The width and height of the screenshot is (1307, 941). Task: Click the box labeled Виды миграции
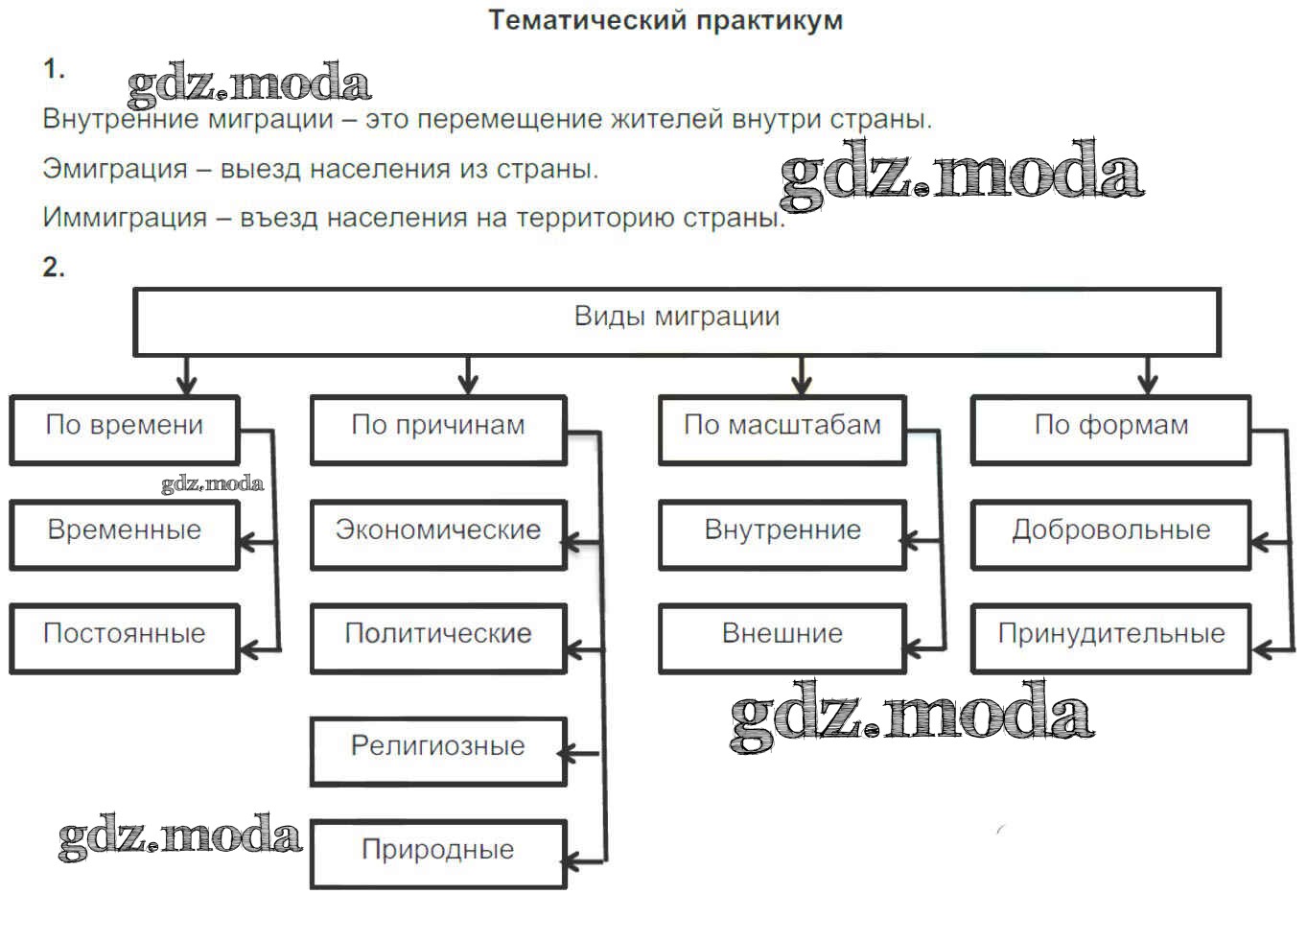tap(676, 320)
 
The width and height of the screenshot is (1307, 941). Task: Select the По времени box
tap(124, 430)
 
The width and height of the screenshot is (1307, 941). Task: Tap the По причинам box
tap(438, 430)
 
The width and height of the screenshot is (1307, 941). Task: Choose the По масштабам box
tap(782, 430)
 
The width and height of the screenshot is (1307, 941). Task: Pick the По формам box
tap(1110, 430)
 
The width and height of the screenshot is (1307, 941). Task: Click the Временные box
tap(124, 534)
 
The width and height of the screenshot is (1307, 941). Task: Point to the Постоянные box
tap(124, 638)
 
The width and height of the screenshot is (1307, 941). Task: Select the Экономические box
tap(438, 534)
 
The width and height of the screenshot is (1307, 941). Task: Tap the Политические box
tap(438, 638)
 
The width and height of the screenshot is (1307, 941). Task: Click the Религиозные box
tap(438, 750)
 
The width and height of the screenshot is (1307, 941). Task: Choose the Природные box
tap(438, 854)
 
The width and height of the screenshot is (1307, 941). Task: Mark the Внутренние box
tap(782, 534)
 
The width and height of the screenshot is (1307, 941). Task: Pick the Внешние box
tap(782, 638)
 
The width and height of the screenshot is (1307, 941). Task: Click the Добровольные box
tap(1110, 534)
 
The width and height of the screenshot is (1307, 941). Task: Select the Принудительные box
tap(1110, 638)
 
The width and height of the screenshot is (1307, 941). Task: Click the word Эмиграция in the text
tap(115, 170)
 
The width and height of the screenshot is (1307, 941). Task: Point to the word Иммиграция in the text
tap(125, 219)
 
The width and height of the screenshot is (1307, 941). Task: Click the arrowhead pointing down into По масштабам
tap(802, 385)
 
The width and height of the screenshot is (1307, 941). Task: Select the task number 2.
tap(54, 268)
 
